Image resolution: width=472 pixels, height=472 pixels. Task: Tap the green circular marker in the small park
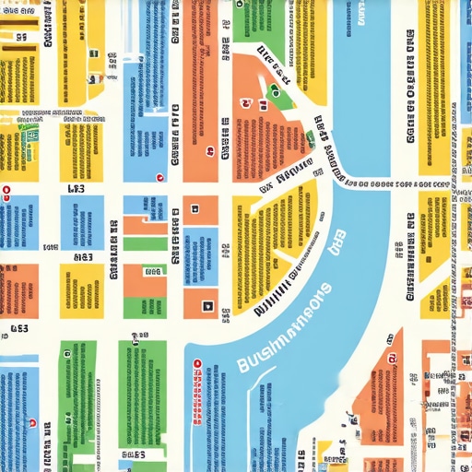[x=274, y=90]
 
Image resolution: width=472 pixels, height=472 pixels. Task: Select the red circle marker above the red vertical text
[x=196, y=362]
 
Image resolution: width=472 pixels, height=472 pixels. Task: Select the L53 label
[x=76, y=189]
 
